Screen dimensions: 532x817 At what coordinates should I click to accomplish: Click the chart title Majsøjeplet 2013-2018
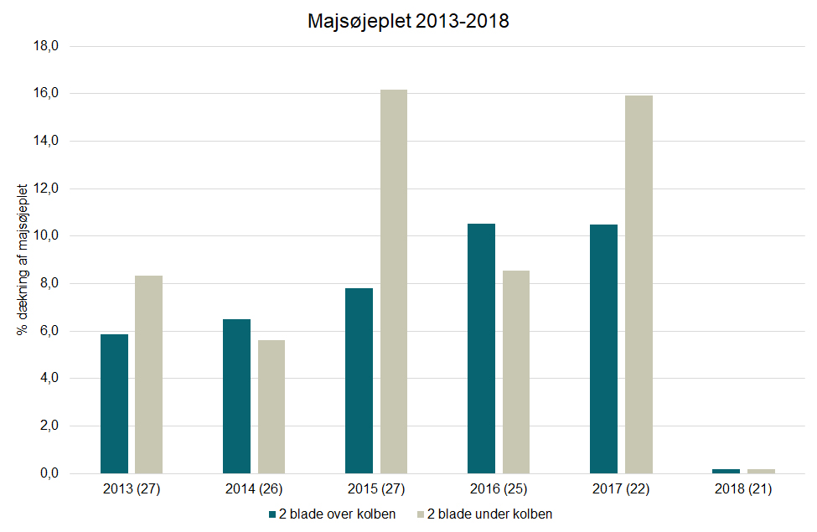408,22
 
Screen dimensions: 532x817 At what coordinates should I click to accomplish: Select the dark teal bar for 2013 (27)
115,404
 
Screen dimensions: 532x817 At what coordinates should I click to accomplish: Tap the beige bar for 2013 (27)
149,374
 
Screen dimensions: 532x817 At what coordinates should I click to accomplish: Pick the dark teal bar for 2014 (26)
237,396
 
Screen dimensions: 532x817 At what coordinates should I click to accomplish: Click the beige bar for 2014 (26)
271,406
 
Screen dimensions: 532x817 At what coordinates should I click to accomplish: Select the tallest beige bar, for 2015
394,281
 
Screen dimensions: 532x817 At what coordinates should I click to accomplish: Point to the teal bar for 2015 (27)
359,380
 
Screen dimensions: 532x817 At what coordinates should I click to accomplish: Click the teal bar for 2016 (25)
482,349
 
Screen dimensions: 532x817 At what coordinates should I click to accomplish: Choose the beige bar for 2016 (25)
516,372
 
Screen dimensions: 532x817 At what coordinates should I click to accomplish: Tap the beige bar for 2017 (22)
639,285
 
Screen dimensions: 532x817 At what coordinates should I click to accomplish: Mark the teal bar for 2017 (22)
604,349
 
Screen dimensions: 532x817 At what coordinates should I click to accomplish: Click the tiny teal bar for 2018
727,471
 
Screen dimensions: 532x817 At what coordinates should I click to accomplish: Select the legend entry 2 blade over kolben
332,514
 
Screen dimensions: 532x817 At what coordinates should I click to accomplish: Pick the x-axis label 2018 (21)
743,488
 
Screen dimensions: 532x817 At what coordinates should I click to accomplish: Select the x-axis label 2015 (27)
376,488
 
